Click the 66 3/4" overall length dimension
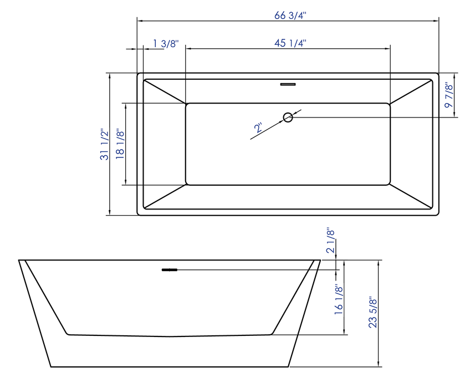(x=290, y=15)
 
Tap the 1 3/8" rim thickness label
(x=166, y=43)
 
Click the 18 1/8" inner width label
(x=119, y=144)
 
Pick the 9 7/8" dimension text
(x=449, y=95)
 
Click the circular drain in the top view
(x=288, y=117)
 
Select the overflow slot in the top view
(x=288, y=84)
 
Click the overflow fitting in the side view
(x=169, y=270)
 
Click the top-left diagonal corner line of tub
(x=165, y=91)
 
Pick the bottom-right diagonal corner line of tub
(x=411, y=196)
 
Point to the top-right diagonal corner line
(x=411, y=91)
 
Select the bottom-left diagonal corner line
(x=165, y=196)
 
